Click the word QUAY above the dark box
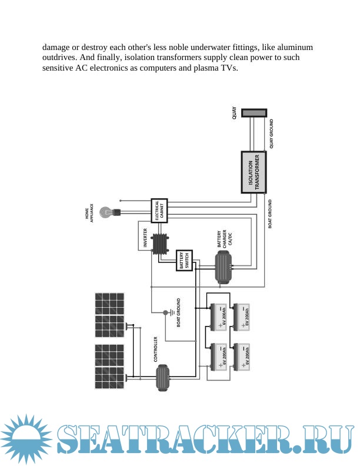(x=235, y=113)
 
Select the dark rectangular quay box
(x=254, y=112)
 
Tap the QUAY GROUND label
(x=271, y=134)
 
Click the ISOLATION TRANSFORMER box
(x=254, y=172)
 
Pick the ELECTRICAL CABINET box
(x=160, y=211)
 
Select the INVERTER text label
(x=145, y=237)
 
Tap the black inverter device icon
(x=159, y=244)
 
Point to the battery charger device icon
(x=224, y=267)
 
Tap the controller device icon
(x=162, y=377)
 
